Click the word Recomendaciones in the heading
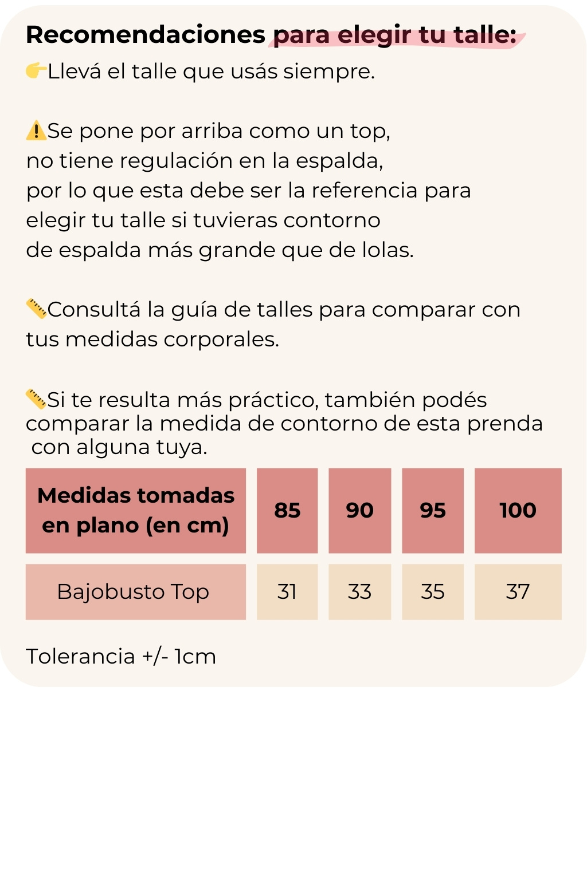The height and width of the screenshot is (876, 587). tap(146, 35)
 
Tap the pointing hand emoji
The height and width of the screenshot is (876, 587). tap(36, 70)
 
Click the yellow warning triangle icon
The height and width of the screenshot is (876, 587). tap(36, 131)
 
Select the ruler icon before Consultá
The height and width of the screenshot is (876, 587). tap(36, 309)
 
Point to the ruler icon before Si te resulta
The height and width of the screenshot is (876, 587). tap(36, 398)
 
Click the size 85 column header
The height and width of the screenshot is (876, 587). tap(287, 510)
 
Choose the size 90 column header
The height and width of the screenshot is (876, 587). tap(359, 510)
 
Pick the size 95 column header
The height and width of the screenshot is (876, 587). tap(433, 510)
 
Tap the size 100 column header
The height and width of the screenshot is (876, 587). tap(518, 510)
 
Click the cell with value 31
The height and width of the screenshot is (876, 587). tap(287, 591)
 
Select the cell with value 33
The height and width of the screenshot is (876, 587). tap(359, 591)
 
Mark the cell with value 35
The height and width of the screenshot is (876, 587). tap(433, 591)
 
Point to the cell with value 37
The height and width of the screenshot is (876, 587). tap(518, 591)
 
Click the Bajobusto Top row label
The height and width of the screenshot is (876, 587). tap(135, 591)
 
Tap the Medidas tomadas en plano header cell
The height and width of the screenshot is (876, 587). tap(135, 510)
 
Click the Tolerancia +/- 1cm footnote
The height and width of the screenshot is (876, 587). tap(121, 656)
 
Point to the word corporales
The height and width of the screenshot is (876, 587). tap(221, 340)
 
